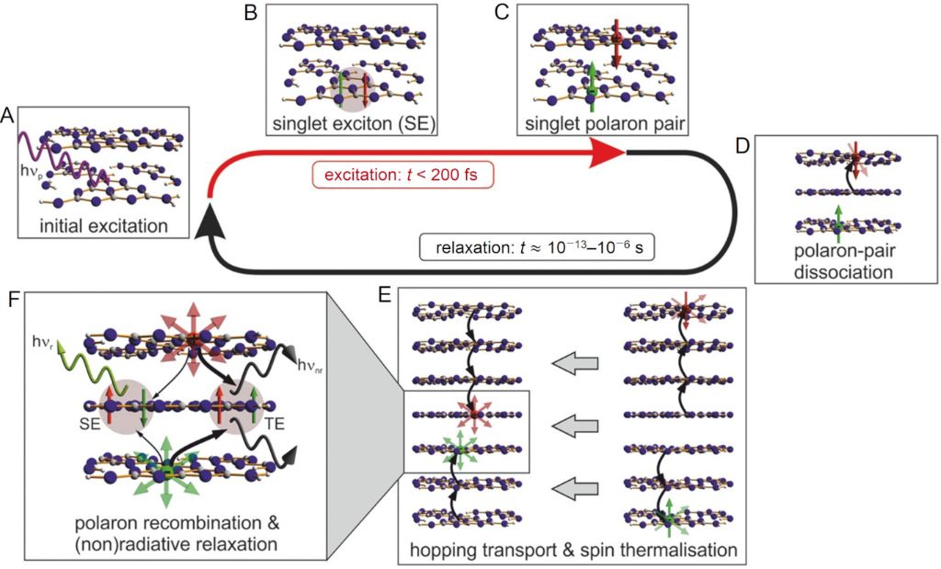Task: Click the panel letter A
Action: click(7, 117)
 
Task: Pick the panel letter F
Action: click(12, 301)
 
